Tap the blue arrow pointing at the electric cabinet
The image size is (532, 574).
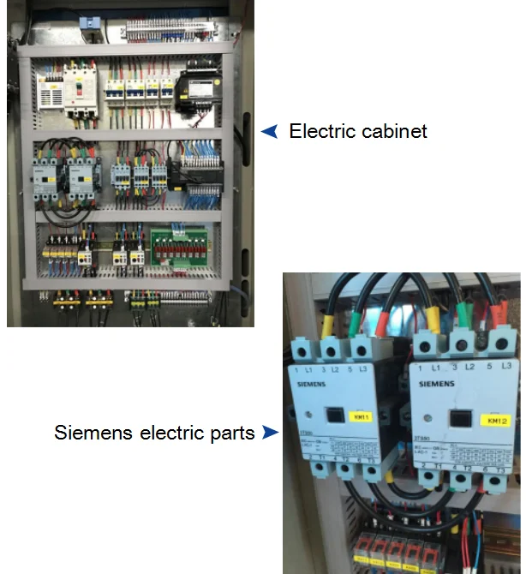point(269,131)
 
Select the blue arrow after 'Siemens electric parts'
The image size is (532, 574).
point(271,433)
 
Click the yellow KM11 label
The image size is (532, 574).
point(362,417)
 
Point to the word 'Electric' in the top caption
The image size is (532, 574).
point(321,131)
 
